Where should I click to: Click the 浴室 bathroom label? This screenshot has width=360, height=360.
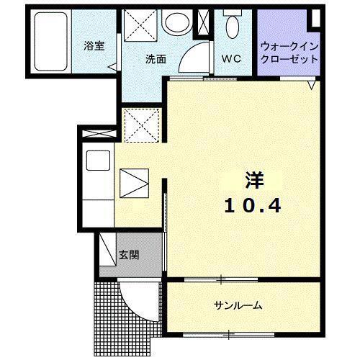tap(94, 46)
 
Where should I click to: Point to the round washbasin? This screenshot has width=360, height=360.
tap(176, 23)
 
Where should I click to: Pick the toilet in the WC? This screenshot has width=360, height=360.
tap(232, 26)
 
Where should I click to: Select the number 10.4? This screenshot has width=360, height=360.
tap(251, 205)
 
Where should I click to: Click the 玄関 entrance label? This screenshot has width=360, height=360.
tap(130, 254)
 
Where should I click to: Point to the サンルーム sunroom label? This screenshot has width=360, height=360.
tap(237, 305)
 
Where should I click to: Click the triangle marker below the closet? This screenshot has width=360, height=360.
tap(311, 85)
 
